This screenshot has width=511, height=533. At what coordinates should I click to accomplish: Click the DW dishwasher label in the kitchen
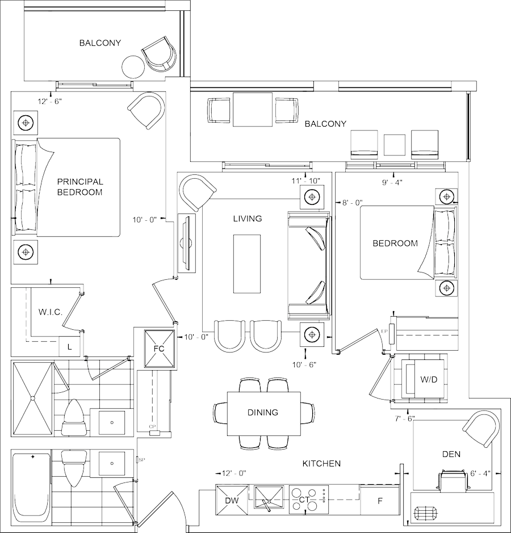(232, 500)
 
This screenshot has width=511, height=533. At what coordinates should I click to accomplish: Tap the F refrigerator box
(380, 501)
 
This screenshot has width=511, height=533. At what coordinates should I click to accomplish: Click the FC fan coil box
(158, 348)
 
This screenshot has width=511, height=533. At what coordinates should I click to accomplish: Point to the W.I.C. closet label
(50, 312)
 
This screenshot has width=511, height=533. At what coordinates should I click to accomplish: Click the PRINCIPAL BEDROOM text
(79, 187)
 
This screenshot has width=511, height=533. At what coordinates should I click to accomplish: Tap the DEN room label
(451, 454)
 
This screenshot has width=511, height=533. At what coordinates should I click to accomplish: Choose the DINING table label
(263, 413)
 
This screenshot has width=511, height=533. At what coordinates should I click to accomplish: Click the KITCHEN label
(321, 464)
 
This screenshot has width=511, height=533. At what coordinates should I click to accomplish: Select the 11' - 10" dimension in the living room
(305, 181)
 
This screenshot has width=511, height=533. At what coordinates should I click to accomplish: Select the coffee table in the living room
(247, 264)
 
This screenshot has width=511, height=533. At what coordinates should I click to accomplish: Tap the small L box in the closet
(69, 346)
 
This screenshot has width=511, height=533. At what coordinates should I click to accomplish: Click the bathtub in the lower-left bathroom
(31, 487)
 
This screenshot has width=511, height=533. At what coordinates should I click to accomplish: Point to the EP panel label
(384, 331)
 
